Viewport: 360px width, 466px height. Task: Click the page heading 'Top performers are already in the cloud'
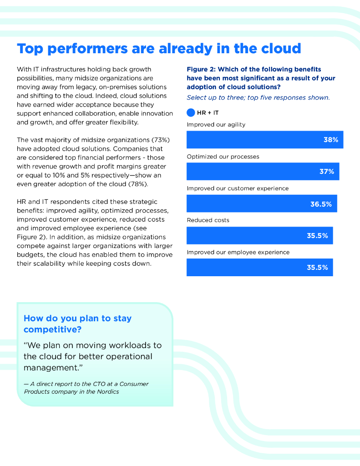click(159, 48)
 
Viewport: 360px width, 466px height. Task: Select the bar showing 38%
click(264, 140)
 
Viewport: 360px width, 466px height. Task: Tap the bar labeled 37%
click(263, 172)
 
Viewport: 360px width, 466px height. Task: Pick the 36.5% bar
click(262, 204)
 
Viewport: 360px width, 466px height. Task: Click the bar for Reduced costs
click(259, 236)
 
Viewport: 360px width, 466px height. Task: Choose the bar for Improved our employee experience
click(259, 268)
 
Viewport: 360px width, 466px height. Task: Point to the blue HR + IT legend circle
click(191, 113)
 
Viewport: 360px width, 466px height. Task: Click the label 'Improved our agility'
click(216, 125)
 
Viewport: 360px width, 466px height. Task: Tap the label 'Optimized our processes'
click(223, 157)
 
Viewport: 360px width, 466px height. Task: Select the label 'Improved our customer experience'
click(238, 188)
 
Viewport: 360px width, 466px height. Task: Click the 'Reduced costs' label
click(208, 220)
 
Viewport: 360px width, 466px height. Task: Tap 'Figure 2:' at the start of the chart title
click(201, 69)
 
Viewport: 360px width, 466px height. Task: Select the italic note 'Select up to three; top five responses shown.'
click(258, 97)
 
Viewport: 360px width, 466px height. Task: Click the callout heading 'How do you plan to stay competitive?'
click(77, 324)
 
